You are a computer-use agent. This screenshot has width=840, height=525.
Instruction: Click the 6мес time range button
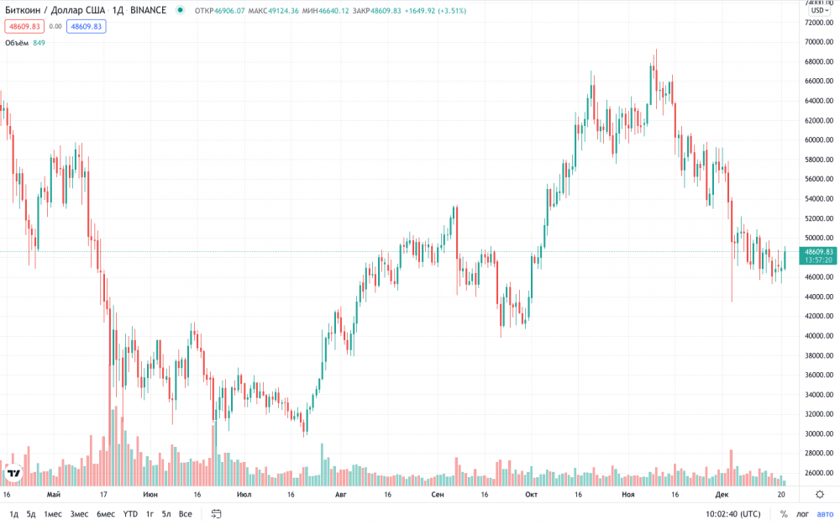[105, 513]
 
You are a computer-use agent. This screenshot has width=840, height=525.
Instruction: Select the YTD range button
[130, 513]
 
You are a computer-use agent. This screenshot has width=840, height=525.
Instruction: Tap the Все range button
[185, 513]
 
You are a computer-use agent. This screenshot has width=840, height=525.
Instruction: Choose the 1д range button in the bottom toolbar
[13, 513]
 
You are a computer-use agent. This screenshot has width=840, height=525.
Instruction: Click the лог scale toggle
[802, 513]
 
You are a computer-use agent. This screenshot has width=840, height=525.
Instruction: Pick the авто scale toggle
[825, 513]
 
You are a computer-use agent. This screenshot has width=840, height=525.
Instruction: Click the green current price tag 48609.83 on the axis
[818, 251]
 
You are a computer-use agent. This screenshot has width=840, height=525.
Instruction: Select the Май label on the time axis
[54, 496]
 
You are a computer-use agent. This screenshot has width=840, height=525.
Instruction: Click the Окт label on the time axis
[531, 496]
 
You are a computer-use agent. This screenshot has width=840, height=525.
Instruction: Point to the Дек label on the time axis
[722, 496]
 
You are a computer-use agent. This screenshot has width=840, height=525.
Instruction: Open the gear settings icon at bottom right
[820, 496]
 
